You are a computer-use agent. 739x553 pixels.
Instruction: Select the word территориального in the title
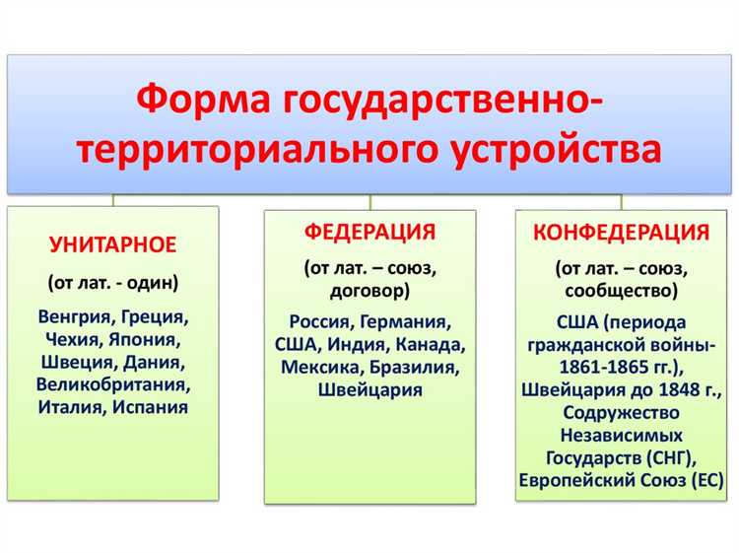pyautogui.click(x=256, y=152)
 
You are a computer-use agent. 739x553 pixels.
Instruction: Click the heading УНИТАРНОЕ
pyautogui.click(x=113, y=243)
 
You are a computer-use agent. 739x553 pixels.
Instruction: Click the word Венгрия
pyautogui.click(x=77, y=317)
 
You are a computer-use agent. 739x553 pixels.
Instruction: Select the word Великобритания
pyautogui.click(x=113, y=383)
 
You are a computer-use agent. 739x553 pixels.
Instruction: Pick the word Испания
pyautogui.click(x=150, y=405)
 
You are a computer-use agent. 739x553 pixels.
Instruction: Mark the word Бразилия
pyautogui.click(x=414, y=367)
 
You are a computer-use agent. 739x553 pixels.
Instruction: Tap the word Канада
pyautogui.click(x=428, y=344)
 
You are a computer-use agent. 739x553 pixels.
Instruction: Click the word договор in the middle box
pyautogui.click(x=366, y=290)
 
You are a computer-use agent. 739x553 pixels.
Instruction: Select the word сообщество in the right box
pyautogui.click(x=621, y=291)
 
